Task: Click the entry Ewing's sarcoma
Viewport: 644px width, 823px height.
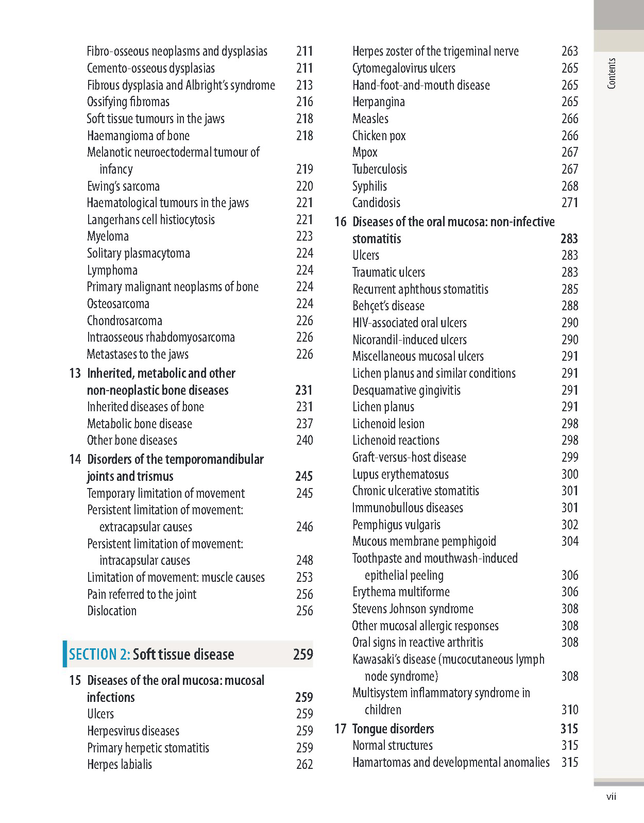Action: coord(123,186)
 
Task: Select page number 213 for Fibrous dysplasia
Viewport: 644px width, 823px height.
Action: coord(304,85)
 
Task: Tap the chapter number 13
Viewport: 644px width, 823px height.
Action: coord(75,373)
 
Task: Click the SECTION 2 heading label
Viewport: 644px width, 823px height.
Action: coord(99,654)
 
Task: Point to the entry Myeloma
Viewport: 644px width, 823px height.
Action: coord(108,237)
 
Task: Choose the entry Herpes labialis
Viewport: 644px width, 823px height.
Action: coord(120,764)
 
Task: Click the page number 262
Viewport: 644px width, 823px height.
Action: coord(304,764)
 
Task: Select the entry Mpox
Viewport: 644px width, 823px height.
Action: coord(365,153)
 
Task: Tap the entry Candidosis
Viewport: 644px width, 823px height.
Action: coord(376,203)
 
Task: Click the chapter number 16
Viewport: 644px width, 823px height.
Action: coord(340,222)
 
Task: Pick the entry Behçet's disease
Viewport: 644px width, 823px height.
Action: coord(388,306)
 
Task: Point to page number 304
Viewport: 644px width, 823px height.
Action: coord(570,541)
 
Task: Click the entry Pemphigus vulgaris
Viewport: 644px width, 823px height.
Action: coord(396,525)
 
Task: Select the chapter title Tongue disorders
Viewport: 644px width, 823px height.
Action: coord(393,729)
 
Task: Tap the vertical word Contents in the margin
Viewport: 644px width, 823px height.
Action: coord(612,73)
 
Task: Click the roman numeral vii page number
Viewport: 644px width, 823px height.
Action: coord(611,797)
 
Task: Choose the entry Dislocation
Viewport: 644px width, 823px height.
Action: coord(112,611)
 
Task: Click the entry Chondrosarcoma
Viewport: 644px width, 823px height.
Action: coord(124,321)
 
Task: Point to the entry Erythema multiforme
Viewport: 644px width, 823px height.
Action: coord(401,592)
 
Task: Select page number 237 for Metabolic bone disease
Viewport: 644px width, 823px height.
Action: coord(304,424)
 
